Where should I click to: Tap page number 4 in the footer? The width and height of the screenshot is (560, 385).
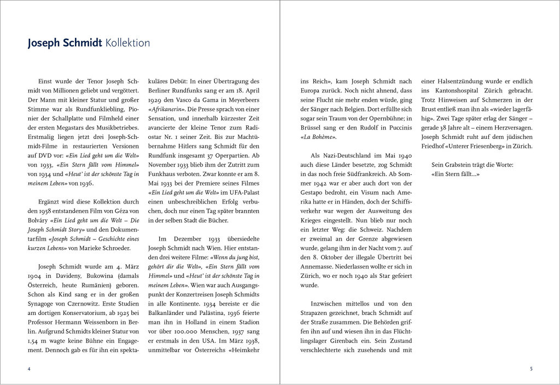pos(29,369)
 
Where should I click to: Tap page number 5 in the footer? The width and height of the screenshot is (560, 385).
pos(530,369)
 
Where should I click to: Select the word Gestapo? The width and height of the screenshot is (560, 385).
pos(316,194)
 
